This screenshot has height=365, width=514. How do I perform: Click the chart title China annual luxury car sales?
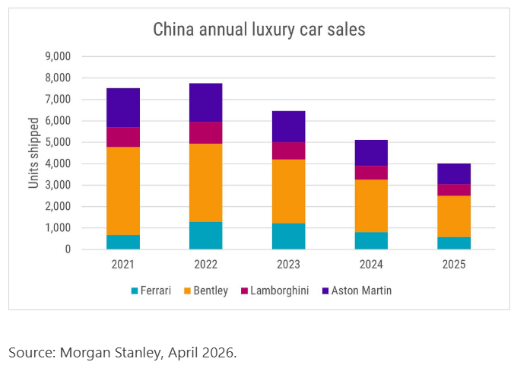point(259,30)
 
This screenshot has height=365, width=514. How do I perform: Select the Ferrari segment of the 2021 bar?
point(123,242)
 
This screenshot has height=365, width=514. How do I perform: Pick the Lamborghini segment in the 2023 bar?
point(288,151)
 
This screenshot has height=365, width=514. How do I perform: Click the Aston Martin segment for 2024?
point(371,153)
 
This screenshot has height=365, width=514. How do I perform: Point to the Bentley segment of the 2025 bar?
point(454,216)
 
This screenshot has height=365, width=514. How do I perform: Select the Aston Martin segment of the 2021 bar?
point(123,107)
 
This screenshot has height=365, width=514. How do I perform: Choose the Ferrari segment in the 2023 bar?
point(288,236)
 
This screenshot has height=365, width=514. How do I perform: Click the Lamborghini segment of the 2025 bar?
point(454,190)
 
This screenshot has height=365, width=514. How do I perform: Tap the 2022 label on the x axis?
point(205,265)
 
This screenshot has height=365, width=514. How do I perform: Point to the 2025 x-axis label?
point(454,265)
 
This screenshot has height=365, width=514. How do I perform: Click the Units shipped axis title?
point(34,153)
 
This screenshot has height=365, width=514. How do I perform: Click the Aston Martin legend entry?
point(358,290)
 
